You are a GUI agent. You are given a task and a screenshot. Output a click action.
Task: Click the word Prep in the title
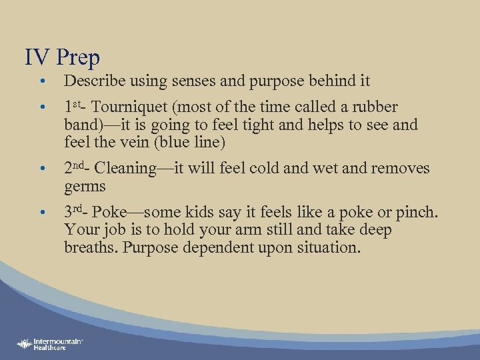coord(78,58)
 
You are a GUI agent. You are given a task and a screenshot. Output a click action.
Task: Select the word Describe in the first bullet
coord(91,81)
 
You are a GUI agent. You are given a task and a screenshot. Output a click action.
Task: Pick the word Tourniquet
coord(133,107)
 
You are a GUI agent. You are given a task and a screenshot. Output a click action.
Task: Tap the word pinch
coord(419,213)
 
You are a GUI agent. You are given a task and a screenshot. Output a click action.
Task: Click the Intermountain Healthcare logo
coord(50,343)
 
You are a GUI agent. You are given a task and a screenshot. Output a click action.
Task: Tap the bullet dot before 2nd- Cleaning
coord(42,169)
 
